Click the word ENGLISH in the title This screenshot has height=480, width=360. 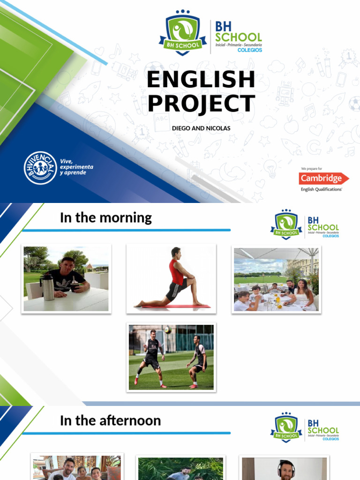click(x=201, y=80)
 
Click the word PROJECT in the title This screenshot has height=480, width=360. click(x=201, y=104)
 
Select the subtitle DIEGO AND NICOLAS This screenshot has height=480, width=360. click(x=201, y=128)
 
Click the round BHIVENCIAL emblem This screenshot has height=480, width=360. click(x=40, y=167)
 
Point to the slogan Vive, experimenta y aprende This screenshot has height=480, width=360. click(x=76, y=167)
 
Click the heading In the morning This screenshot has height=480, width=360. click(x=106, y=218)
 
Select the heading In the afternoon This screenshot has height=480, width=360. click(x=110, y=420)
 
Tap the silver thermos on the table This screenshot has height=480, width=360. click(x=48, y=287)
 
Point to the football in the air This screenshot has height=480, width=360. click(x=167, y=330)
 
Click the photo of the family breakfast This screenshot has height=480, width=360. click(x=276, y=279)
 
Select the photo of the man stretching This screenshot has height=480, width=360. click(x=171, y=278)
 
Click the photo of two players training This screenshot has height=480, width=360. click(x=171, y=357)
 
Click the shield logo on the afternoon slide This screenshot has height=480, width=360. click(x=286, y=427)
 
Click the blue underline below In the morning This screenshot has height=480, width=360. click(x=127, y=230)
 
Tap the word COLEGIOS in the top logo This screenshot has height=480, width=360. click(x=250, y=50)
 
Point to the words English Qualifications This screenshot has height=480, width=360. click(x=322, y=189)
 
